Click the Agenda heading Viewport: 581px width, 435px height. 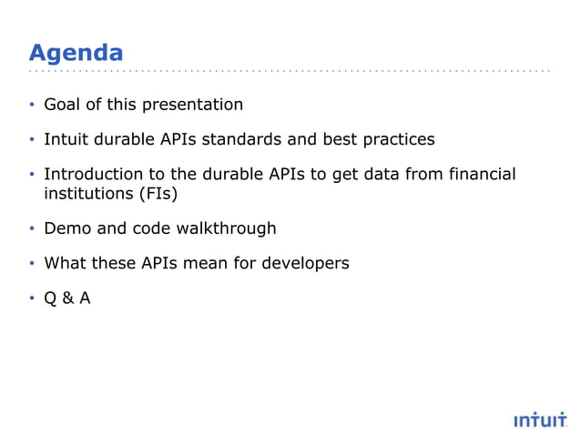76,51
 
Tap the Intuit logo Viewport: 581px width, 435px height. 540,420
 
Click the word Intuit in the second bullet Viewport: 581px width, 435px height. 66,139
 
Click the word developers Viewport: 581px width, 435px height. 305,264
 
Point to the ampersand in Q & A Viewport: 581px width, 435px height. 67,298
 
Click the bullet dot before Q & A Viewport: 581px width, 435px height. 32,298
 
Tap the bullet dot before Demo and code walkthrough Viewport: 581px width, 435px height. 32,229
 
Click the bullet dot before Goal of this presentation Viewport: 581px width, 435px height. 32,105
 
